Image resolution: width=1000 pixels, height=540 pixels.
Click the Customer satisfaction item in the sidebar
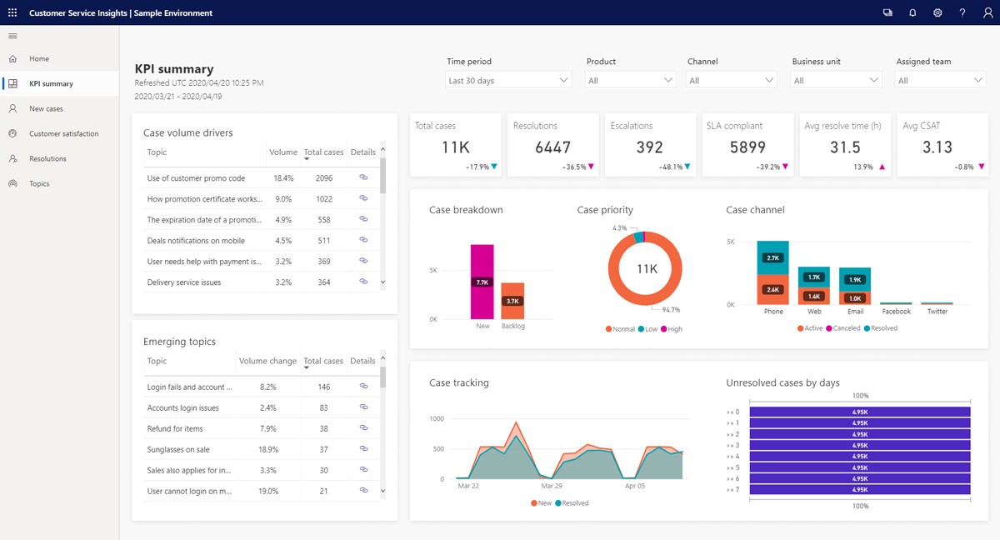63,133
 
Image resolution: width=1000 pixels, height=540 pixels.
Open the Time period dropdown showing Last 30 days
508,81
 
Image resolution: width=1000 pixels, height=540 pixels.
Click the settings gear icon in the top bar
937,13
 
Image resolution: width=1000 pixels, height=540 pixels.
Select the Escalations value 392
649,147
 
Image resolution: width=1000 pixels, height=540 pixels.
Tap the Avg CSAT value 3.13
937,147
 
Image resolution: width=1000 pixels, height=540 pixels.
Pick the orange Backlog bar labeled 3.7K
512,301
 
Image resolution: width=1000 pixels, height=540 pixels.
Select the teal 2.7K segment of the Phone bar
772,258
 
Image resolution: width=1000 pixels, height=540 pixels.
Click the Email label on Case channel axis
855,312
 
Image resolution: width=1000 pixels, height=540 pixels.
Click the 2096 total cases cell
324,178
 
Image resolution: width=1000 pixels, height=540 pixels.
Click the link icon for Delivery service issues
363,282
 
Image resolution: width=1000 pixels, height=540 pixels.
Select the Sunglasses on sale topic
178,449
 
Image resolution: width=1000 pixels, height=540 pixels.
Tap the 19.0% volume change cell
267,491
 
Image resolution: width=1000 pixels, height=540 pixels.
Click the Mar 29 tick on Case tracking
551,485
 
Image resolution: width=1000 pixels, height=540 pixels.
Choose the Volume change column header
267,362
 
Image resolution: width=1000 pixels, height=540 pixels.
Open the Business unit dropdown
836,81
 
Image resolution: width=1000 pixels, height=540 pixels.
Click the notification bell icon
912,13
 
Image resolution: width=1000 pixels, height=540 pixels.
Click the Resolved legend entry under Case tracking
574,503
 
